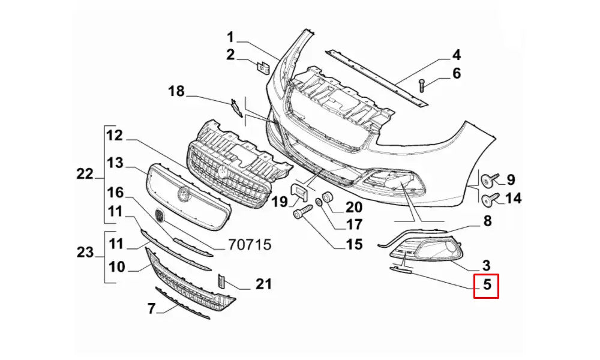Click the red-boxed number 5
click(x=487, y=286)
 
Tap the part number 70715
click(x=250, y=245)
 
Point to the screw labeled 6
click(x=421, y=84)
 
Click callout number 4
click(x=456, y=56)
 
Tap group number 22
click(x=85, y=174)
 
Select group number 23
click(x=85, y=253)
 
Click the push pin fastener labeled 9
click(x=490, y=179)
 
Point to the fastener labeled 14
click(x=490, y=197)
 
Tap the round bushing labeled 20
click(x=328, y=197)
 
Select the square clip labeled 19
click(x=298, y=192)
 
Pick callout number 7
click(x=151, y=309)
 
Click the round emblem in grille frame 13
click(x=182, y=194)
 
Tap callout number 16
click(x=115, y=193)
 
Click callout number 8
click(x=487, y=221)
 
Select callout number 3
click(x=486, y=265)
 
